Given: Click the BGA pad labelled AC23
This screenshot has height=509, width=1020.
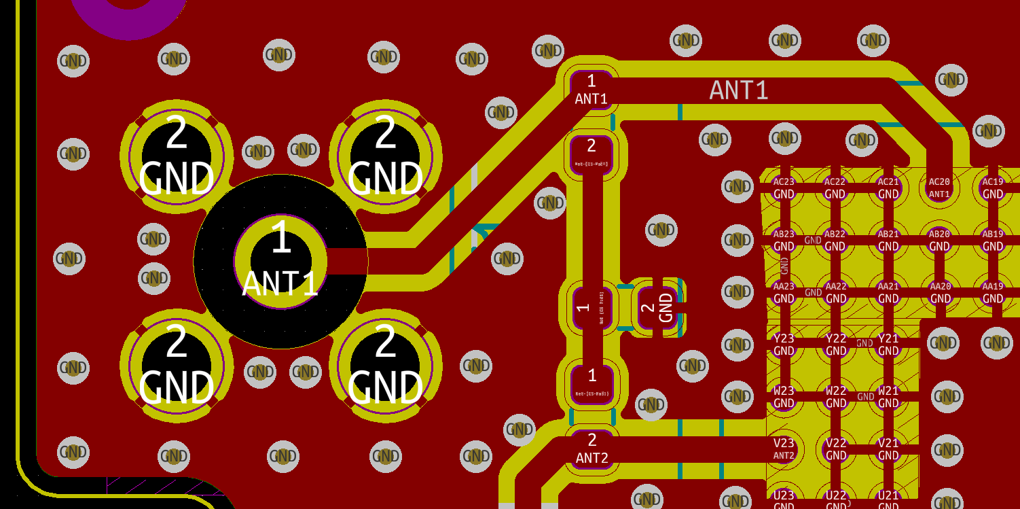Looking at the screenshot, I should coord(784,187).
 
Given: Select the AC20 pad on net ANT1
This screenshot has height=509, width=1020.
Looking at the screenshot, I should coord(939,187).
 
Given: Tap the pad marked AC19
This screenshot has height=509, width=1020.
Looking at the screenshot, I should coord(992,187).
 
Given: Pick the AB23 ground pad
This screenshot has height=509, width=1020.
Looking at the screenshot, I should coord(784,239).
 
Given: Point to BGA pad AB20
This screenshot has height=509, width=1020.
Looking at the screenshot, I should coord(939,239).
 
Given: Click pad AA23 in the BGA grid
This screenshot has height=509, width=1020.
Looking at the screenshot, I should coord(784,292).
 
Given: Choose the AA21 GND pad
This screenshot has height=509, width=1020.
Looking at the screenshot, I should coord(888,292).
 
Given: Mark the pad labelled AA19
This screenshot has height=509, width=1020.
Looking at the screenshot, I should coord(992,292).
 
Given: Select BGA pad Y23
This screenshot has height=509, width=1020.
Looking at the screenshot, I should coord(784,344).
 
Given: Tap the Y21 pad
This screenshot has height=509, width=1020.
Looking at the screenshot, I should coord(888,344).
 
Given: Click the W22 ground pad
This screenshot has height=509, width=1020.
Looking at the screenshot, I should coord(836,396).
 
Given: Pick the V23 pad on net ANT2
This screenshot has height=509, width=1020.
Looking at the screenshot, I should coord(784,449).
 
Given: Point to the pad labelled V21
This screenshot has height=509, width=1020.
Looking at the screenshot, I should coord(888,449).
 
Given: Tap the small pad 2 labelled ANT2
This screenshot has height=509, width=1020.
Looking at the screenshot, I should coord(592,449).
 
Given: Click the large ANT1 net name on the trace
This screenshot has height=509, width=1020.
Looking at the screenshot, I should coord(739,90).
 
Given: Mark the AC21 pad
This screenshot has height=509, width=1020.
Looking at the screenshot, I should coord(888,187).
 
